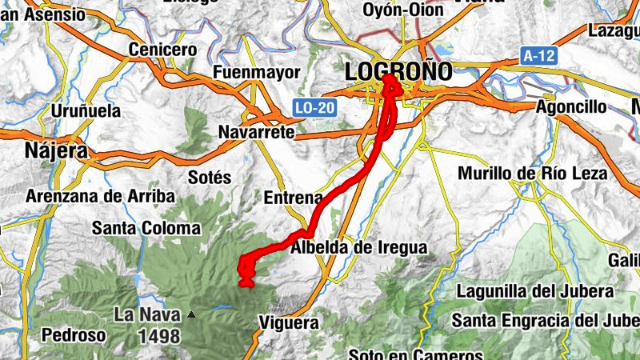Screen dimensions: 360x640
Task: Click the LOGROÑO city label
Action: click(398, 71)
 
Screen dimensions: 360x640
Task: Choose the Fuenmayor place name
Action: click(256, 73)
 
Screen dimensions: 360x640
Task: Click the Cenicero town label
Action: click(162, 50)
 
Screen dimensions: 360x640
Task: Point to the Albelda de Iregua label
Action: click(358, 248)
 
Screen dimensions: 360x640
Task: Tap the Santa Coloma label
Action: click(146, 228)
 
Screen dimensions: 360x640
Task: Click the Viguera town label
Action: click(289, 323)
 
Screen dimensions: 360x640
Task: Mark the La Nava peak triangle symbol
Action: click(190, 314)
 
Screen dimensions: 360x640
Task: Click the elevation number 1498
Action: click(158, 336)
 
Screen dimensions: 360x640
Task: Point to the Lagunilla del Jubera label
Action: click(534, 291)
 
